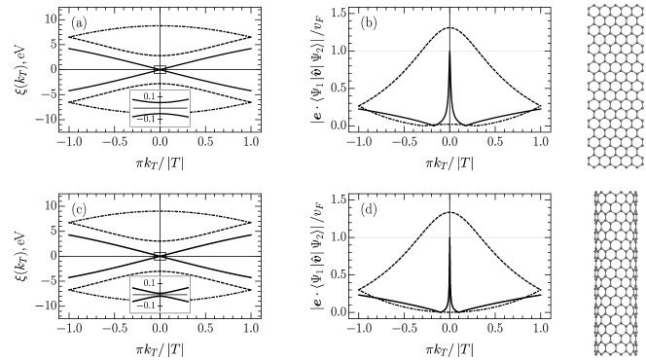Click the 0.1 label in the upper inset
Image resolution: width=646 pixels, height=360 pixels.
(x=149, y=96)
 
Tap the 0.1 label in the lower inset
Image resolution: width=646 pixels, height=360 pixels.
(x=149, y=283)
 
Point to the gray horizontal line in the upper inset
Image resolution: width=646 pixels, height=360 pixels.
(x=175, y=108)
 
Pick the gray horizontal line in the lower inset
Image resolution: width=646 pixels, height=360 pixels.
(x=175, y=295)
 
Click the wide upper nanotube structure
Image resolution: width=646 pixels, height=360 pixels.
(x=615, y=86)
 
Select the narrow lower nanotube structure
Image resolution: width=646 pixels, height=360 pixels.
(x=616, y=272)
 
